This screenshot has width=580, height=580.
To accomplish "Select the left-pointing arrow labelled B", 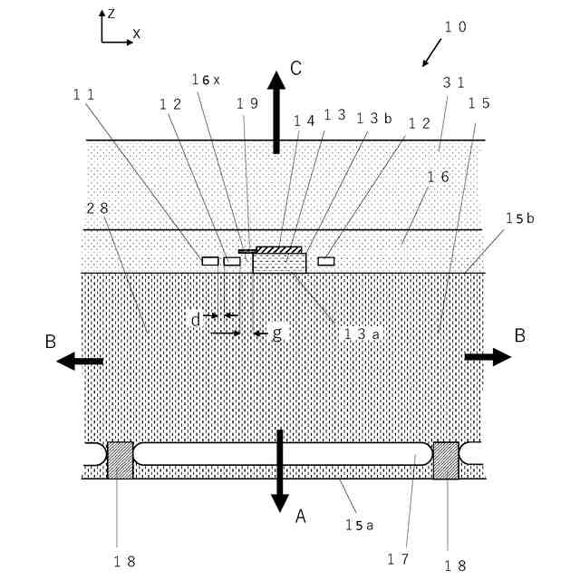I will (x=80, y=361).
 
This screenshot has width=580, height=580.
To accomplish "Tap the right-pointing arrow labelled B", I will (x=488, y=357).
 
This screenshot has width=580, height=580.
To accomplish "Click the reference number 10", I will (x=455, y=27).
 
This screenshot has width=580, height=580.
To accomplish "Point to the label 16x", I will (x=206, y=80).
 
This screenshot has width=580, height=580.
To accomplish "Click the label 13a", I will (x=360, y=333).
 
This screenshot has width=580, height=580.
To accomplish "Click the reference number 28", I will (x=98, y=208).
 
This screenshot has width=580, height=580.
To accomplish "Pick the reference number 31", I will (x=453, y=81).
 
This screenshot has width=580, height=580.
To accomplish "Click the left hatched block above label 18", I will (x=120, y=460).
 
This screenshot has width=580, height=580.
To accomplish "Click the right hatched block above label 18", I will (x=446, y=460).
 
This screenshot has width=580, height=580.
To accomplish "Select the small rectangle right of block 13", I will (x=326, y=261).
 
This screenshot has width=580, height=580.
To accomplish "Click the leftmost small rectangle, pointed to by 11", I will (x=210, y=261).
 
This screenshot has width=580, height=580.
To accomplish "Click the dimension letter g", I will (x=277, y=333).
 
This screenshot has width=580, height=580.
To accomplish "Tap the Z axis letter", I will (x=111, y=14).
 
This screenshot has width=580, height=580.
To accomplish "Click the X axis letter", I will (x=137, y=34).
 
